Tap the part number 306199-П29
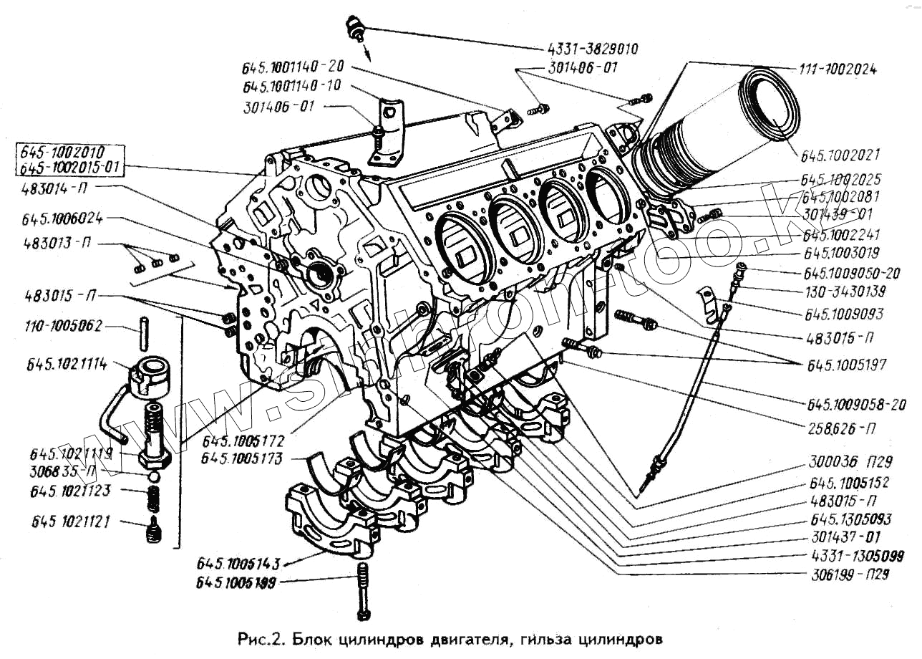click(850, 574)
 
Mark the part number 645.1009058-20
click(857, 405)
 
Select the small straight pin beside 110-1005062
click(144, 329)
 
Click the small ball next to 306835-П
click(153, 475)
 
